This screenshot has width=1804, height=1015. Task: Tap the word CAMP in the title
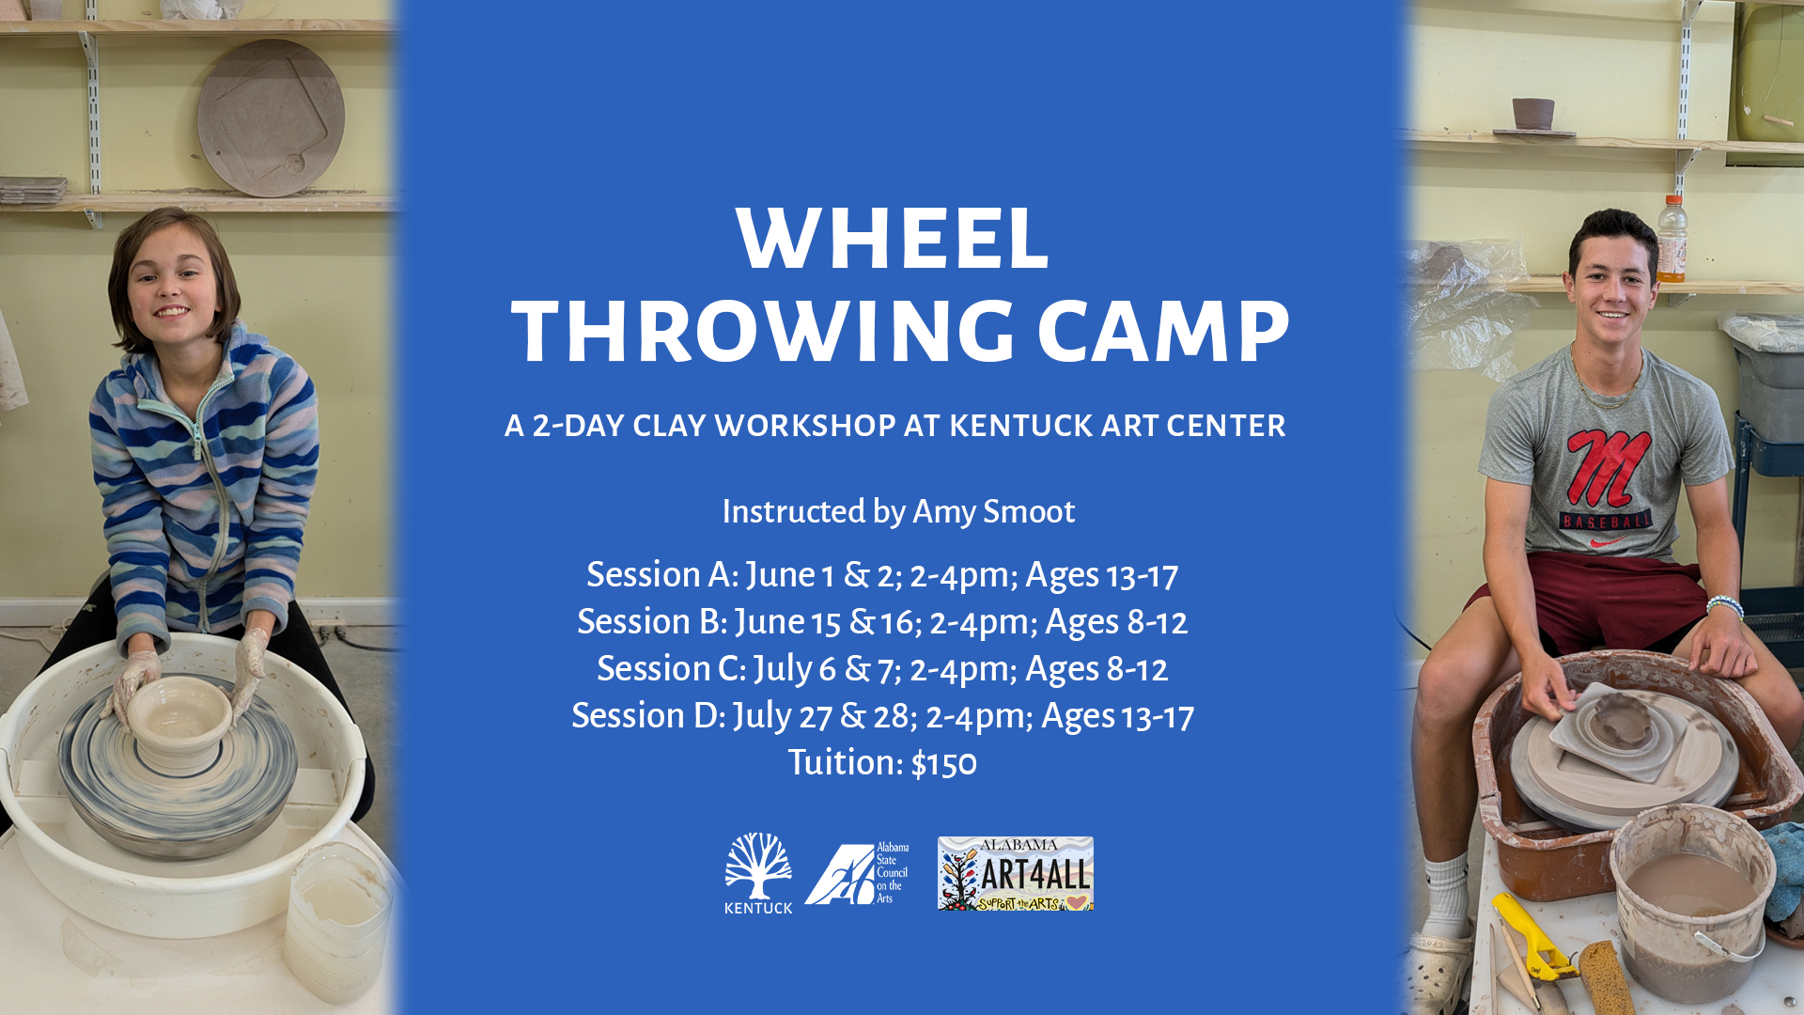pyautogui.click(x=1163, y=332)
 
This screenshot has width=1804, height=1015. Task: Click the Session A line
pyautogui.click(x=882, y=575)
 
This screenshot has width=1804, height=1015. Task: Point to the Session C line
pyautogui.click(x=882, y=669)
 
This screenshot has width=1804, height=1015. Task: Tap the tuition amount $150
pyautogui.click(x=943, y=763)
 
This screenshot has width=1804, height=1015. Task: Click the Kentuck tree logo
pyautogui.click(x=758, y=873)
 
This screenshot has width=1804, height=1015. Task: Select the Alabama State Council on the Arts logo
pyautogui.click(x=857, y=873)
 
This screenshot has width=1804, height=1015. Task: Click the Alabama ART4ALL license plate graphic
pyautogui.click(x=1015, y=873)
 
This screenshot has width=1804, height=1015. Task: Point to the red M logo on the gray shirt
pyautogui.click(x=1607, y=467)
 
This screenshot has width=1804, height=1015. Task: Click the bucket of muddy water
pyautogui.click(x=1691, y=902)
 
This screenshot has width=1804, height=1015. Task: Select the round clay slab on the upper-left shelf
pyautogui.click(x=271, y=117)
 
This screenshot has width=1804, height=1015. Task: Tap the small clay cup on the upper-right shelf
pyautogui.click(x=1533, y=114)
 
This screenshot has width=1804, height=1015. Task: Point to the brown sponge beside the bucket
pyautogui.click(x=1606, y=977)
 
